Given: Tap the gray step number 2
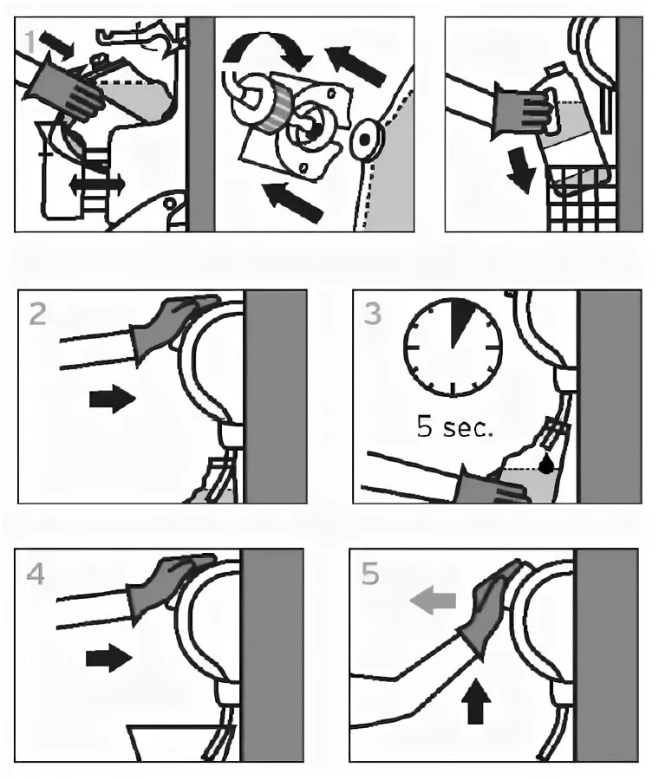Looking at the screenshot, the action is point(37,313).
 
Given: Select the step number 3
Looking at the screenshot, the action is point(372,313).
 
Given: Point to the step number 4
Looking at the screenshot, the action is point(36,573).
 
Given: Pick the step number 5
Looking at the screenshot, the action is point(370,573).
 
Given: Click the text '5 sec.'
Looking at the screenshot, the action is point(454,427).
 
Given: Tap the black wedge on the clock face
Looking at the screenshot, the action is point(461,317).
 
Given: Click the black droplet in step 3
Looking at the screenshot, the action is point(546,465).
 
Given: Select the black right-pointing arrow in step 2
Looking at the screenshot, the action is point(112,400).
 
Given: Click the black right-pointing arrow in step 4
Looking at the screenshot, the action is point(108,659).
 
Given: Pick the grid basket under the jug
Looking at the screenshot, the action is point(583,199).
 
